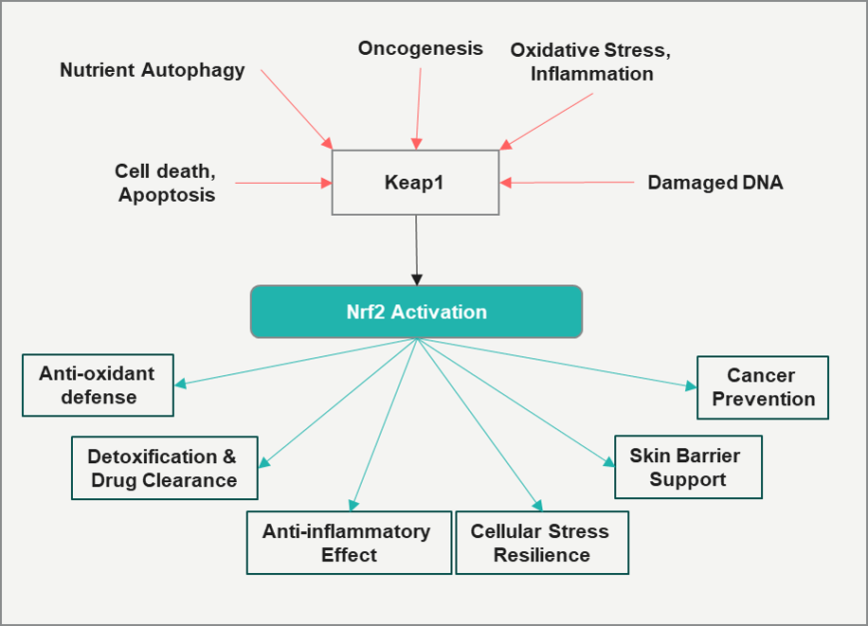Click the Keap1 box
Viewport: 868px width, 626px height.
[x=415, y=182]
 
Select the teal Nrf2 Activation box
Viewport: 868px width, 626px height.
[x=416, y=312]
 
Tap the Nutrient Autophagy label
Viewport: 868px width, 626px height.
[x=153, y=70]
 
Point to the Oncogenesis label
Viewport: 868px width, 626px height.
[x=420, y=48]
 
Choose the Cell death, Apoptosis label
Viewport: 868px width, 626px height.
[x=166, y=183]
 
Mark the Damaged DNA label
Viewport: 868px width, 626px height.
[x=715, y=183]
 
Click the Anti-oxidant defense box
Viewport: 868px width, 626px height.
[x=99, y=385]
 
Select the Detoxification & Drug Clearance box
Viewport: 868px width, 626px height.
[x=164, y=468]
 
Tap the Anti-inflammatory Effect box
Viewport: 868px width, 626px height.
[x=349, y=543]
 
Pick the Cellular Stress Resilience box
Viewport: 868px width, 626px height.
[x=542, y=543]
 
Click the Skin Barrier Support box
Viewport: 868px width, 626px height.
[x=688, y=467]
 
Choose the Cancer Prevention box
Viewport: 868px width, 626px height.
[x=763, y=387]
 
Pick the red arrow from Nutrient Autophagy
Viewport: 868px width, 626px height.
[x=296, y=107]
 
